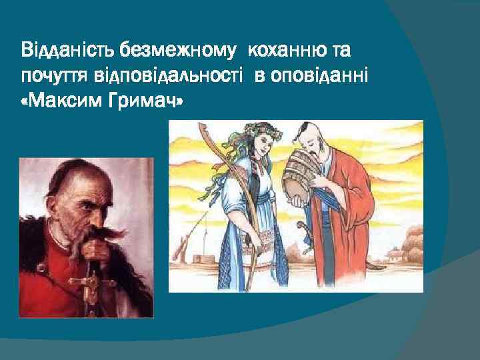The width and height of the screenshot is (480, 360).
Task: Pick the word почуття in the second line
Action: (51, 77)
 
